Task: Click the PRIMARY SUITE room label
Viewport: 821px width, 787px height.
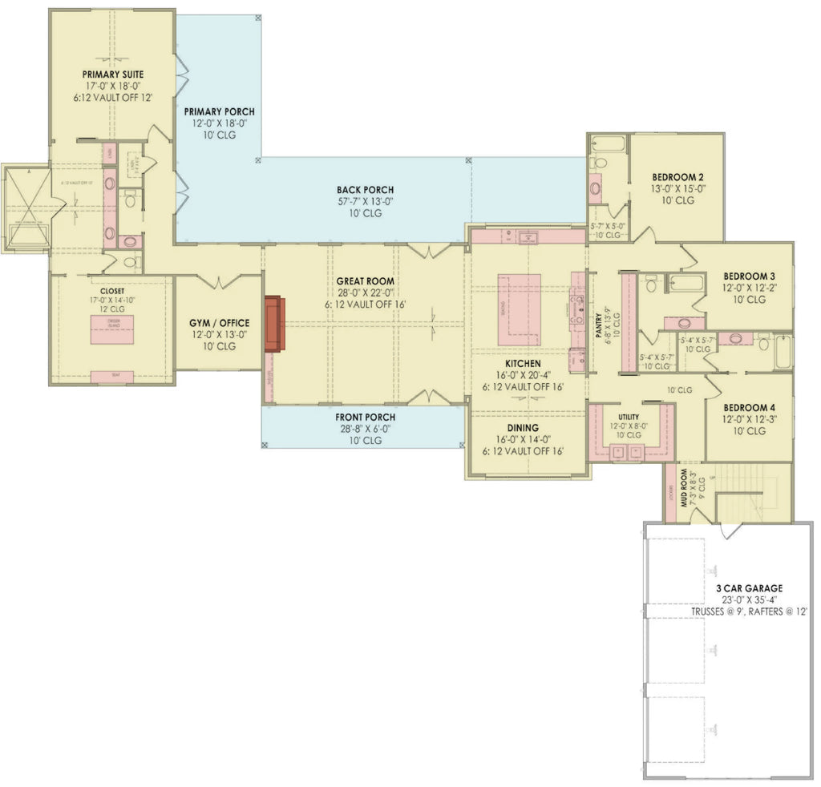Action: pos(113,75)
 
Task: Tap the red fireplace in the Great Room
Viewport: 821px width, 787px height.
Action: pos(273,324)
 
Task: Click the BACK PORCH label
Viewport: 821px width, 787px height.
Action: pos(365,190)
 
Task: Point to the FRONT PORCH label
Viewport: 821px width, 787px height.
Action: pos(365,418)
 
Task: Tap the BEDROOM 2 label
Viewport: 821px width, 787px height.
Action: pos(677,177)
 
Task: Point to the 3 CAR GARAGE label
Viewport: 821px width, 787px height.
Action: pos(750,588)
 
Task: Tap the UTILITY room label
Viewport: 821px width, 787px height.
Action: pos(629,418)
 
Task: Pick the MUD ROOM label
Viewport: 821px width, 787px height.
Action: pos(686,488)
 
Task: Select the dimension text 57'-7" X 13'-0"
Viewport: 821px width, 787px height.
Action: pos(365,202)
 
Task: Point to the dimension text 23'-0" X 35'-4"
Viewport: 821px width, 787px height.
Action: pos(750,599)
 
